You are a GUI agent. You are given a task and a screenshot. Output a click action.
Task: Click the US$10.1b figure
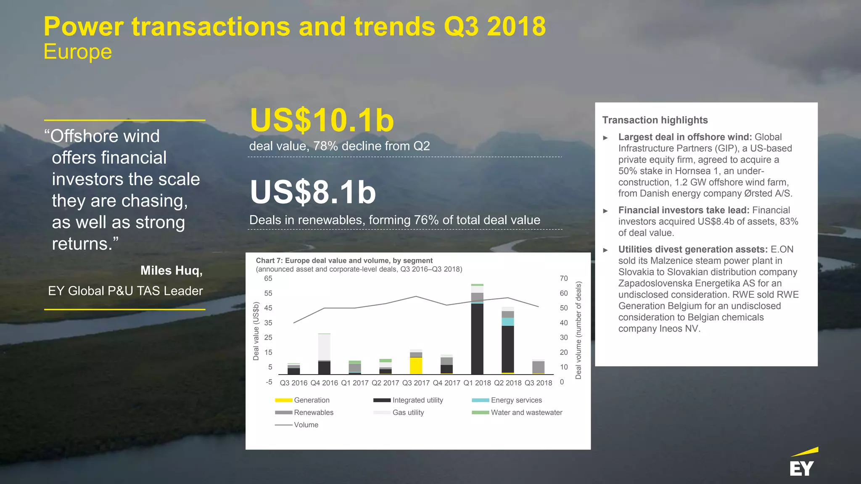click(322, 121)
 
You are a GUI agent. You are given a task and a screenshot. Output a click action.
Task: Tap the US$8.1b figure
click(313, 193)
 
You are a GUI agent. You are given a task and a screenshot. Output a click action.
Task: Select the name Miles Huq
click(171, 270)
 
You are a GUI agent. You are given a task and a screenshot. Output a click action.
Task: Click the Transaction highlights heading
click(655, 120)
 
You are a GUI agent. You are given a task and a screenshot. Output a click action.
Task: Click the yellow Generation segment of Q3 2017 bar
click(416, 365)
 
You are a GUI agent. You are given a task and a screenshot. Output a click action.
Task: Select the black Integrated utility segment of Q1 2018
click(477, 339)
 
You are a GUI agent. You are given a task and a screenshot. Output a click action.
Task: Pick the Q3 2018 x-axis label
click(538, 383)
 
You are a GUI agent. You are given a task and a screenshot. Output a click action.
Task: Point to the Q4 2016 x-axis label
click(324, 383)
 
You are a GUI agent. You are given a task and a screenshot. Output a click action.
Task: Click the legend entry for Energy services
click(516, 400)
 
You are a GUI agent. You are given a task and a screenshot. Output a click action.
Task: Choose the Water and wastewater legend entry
click(526, 413)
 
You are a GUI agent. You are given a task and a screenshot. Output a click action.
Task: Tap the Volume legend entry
click(306, 425)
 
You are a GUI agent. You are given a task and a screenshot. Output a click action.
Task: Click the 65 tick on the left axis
click(268, 278)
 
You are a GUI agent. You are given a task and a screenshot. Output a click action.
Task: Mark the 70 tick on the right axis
click(563, 278)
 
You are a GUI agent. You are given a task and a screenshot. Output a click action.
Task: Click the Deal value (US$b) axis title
click(256, 331)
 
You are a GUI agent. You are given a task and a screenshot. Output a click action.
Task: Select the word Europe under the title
click(78, 52)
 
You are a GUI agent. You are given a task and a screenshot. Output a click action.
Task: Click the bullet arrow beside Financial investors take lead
click(605, 211)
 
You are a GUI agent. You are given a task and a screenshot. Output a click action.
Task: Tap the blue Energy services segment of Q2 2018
click(507, 322)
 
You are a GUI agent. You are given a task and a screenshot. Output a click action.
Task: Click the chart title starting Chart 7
click(344, 261)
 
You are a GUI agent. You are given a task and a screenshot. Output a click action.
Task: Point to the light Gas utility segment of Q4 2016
click(324, 347)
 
